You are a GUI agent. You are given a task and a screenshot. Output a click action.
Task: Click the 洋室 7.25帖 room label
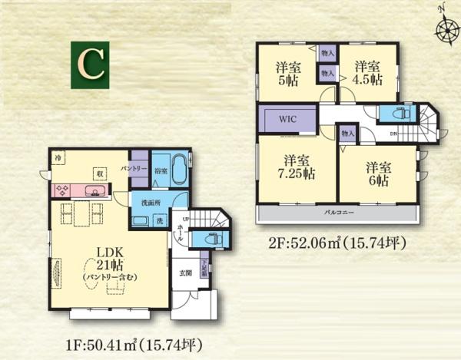pos(297,167)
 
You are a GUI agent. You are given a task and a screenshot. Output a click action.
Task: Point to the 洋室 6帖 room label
pos(379,173)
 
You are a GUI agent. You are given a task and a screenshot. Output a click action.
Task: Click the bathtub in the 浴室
pos(178,170)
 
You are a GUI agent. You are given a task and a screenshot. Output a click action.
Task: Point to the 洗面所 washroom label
pos(151,203)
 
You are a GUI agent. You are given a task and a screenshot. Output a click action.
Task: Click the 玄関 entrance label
pos(186,273)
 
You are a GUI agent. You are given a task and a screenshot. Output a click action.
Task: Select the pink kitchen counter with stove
pos(81,190)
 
